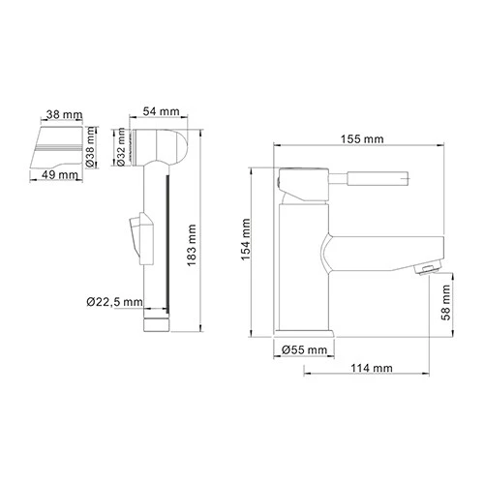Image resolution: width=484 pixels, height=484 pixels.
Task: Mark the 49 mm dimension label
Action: click(61, 175)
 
